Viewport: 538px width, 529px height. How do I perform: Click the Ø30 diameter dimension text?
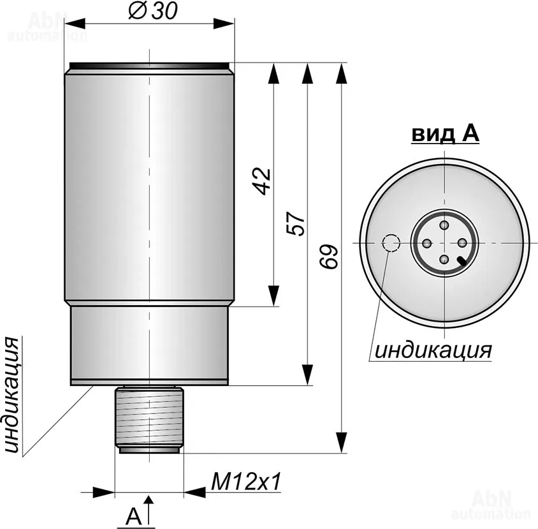153,11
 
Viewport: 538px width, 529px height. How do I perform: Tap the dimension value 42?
262,181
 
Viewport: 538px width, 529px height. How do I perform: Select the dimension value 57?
295,223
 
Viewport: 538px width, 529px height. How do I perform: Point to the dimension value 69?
329,257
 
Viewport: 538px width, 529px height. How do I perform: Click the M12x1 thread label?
245,482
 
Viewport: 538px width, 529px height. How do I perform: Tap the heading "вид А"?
445,133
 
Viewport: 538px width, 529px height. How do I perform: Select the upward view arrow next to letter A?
149,510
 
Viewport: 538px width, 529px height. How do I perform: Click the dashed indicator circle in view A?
391,243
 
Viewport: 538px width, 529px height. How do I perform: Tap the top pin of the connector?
445,226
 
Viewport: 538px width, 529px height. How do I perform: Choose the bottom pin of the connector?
445,259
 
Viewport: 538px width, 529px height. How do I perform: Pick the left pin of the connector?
428,243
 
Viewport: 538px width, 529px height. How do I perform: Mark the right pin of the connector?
462,243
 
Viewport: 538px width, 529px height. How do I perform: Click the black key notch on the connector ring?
462,262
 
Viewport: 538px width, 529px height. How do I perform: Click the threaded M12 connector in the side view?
149,420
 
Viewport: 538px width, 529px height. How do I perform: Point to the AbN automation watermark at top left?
47,26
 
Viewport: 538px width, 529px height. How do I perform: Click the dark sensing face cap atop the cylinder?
149,65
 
